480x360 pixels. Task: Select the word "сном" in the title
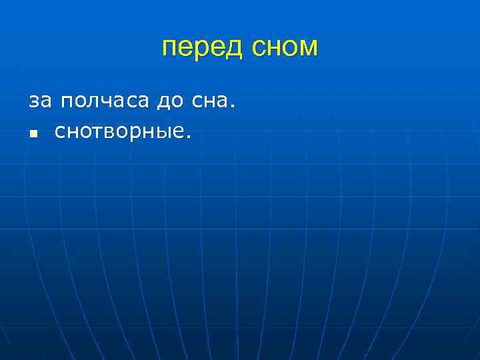[285, 47]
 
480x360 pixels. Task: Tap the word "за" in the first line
[39, 102]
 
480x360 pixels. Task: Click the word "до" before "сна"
[170, 103]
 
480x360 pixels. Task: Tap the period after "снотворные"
[189, 137]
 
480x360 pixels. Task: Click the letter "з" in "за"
[33, 103]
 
